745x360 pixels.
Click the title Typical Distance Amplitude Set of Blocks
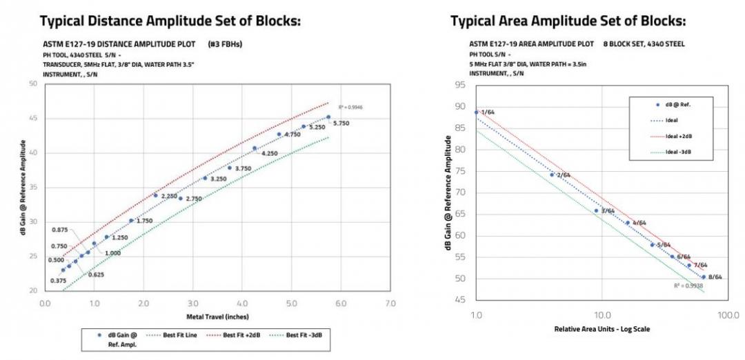(x=170, y=21)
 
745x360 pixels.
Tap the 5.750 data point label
(x=342, y=123)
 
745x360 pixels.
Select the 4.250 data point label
(x=269, y=153)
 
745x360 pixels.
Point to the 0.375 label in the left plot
(x=59, y=281)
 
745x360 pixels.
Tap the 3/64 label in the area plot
(x=608, y=211)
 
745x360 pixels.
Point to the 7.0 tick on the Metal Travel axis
(x=390, y=303)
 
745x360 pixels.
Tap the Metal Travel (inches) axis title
(x=217, y=317)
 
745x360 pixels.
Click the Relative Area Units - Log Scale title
(x=602, y=329)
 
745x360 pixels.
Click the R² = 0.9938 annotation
(x=687, y=284)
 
